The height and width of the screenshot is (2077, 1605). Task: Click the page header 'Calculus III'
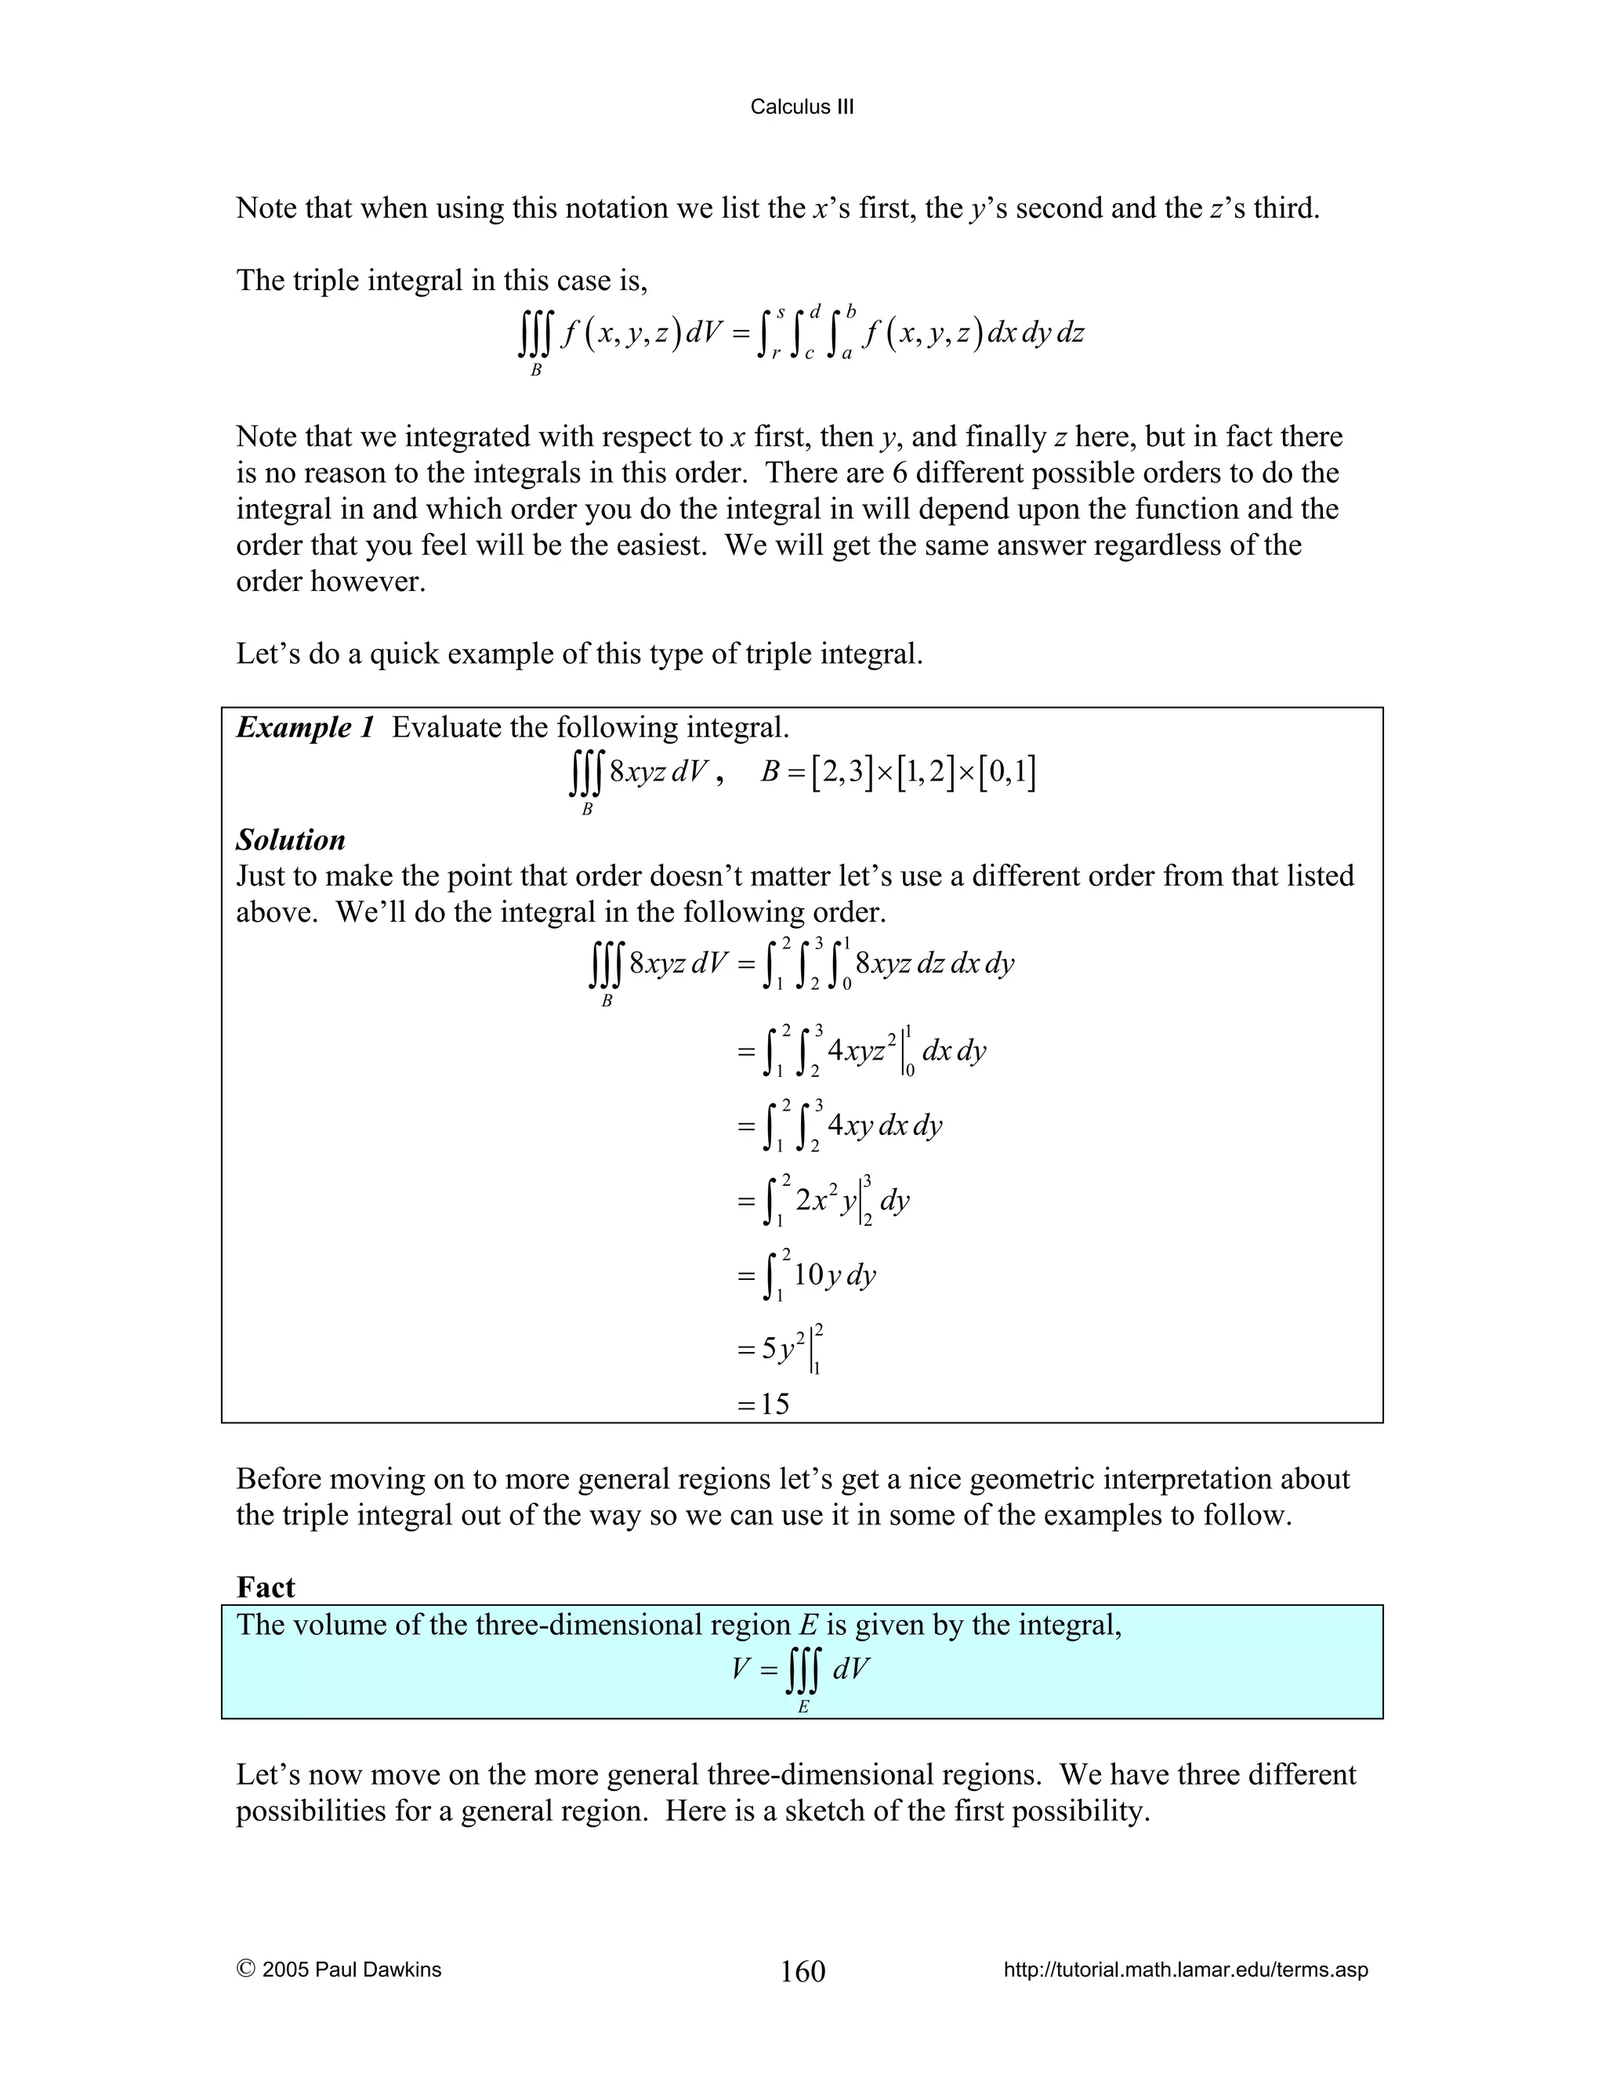coord(802,107)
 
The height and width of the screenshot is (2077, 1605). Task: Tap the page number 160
coord(802,1970)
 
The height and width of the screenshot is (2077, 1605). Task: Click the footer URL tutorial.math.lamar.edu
coord(1186,1970)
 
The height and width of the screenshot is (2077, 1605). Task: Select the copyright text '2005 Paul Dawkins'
coord(351,1970)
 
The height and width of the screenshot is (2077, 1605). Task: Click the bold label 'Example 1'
coord(305,727)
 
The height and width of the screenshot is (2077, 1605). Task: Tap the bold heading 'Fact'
coord(266,1587)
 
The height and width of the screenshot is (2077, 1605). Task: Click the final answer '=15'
coord(763,1404)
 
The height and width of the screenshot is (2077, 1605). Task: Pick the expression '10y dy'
coord(834,1274)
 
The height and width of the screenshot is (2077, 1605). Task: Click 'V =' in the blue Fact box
coord(754,1668)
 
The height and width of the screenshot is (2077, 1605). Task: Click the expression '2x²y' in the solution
coord(825,1201)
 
